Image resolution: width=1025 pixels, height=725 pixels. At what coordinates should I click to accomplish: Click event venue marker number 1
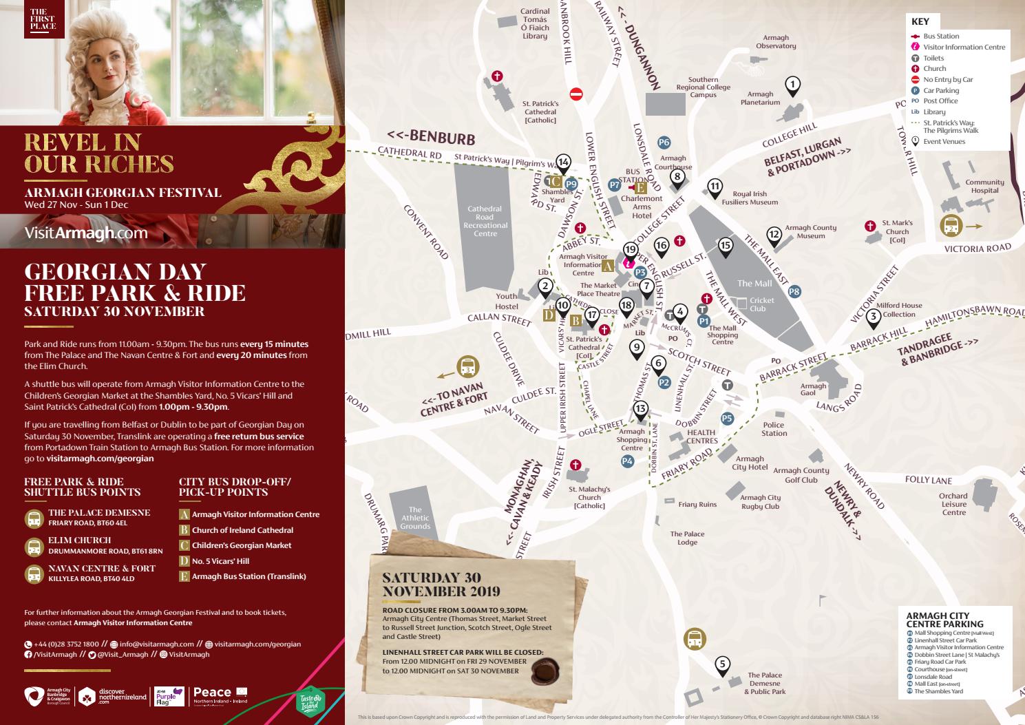pyautogui.click(x=793, y=85)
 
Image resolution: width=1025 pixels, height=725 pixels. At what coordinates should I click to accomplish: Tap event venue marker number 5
pyautogui.click(x=722, y=664)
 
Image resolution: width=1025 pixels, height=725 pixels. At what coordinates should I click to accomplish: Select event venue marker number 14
pyautogui.click(x=563, y=162)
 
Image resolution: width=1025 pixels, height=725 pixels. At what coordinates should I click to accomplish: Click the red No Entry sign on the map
pyautogui.click(x=577, y=93)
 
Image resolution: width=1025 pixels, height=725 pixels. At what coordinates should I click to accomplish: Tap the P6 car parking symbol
pyautogui.click(x=664, y=143)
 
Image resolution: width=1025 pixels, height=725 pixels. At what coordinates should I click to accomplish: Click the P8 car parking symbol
pyautogui.click(x=794, y=291)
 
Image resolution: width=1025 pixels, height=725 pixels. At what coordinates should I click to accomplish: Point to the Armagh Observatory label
pyautogui.click(x=776, y=42)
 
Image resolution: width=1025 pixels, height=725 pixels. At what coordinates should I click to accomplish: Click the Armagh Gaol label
pyautogui.click(x=813, y=389)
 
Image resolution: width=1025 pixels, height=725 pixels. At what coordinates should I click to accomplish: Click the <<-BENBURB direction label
pyautogui.click(x=431, y=138)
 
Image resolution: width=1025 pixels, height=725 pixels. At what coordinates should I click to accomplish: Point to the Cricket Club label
pyautogui.click(x=762, y=304)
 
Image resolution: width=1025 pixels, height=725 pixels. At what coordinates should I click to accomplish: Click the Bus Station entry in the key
pyautogui.click(x=940, y=36)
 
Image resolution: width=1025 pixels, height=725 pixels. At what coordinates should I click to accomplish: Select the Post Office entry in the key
pyautogui.click(x=940, y=101)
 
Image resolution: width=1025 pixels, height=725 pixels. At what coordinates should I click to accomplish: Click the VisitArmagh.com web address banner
pyautogui.click(x=86, y=233)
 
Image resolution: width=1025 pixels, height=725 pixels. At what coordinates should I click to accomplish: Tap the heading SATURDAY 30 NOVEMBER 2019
pyautogui.click(x=441, y=584)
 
